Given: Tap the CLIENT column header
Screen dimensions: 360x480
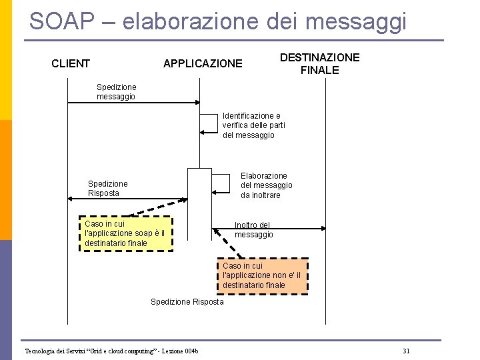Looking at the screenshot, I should coord(71,64).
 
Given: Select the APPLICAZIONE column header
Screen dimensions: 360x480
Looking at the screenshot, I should coord(203,64).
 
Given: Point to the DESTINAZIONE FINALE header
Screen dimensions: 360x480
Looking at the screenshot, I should coord(319,64).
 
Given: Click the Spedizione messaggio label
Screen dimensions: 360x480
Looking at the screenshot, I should coord(116,92).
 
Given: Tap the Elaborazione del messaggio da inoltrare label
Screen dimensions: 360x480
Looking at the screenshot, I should coord(266,185).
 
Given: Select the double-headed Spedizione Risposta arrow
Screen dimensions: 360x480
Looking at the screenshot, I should coord(127,199).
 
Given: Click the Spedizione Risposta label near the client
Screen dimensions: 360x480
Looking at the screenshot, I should coord(107,188).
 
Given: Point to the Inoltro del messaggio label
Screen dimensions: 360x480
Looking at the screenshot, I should coord(253,230).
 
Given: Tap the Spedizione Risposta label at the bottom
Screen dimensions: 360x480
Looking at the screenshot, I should coord(187,302).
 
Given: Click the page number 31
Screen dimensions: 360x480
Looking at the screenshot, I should coord(406,351).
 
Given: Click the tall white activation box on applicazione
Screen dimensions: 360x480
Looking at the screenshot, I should coord(199,203).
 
